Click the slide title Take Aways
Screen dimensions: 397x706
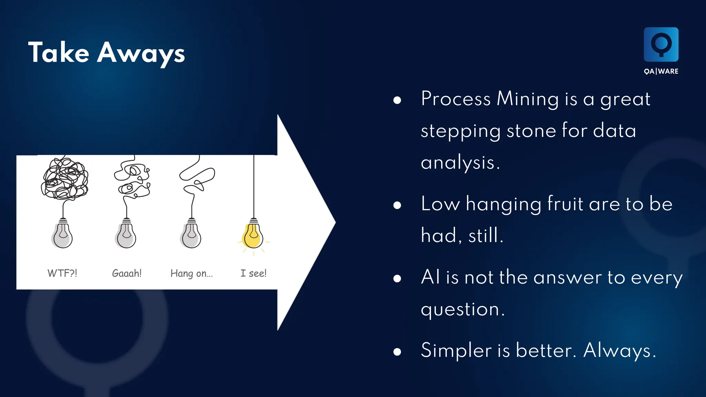pyautogui.click(x=106, y=52)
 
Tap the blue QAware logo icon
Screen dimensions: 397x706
pyautogui.click(x=661, y=44)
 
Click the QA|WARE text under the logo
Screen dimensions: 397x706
pyautogui.click(x=661, y=71)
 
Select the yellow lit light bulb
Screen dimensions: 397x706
pyautogui.click(x=253, y=236)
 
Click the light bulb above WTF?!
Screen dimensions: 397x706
pyautogui.click(x=63, y=236)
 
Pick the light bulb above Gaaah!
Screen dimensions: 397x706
pyautogui.click(x=126, y=236)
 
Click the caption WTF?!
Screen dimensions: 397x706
pyautogui.click(x=62, y=273)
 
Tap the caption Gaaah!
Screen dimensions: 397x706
pyautogui.click(x=127, y=273)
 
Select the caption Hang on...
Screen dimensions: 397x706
pyautogui.click(x=191, y=273)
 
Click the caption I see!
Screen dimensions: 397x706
pyautogui.click(x=253, y=273)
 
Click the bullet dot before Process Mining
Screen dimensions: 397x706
pyautogui.click(x=397, y=100)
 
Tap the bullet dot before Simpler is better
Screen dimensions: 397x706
pyautogui.click(x=397, y=352)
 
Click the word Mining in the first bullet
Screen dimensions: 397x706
pyautogui.click(x=527, y=99)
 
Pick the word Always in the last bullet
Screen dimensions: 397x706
pyautogui.click(x=619, y=350)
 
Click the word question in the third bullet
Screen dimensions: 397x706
pyautogui.click(x=460, y=309)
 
